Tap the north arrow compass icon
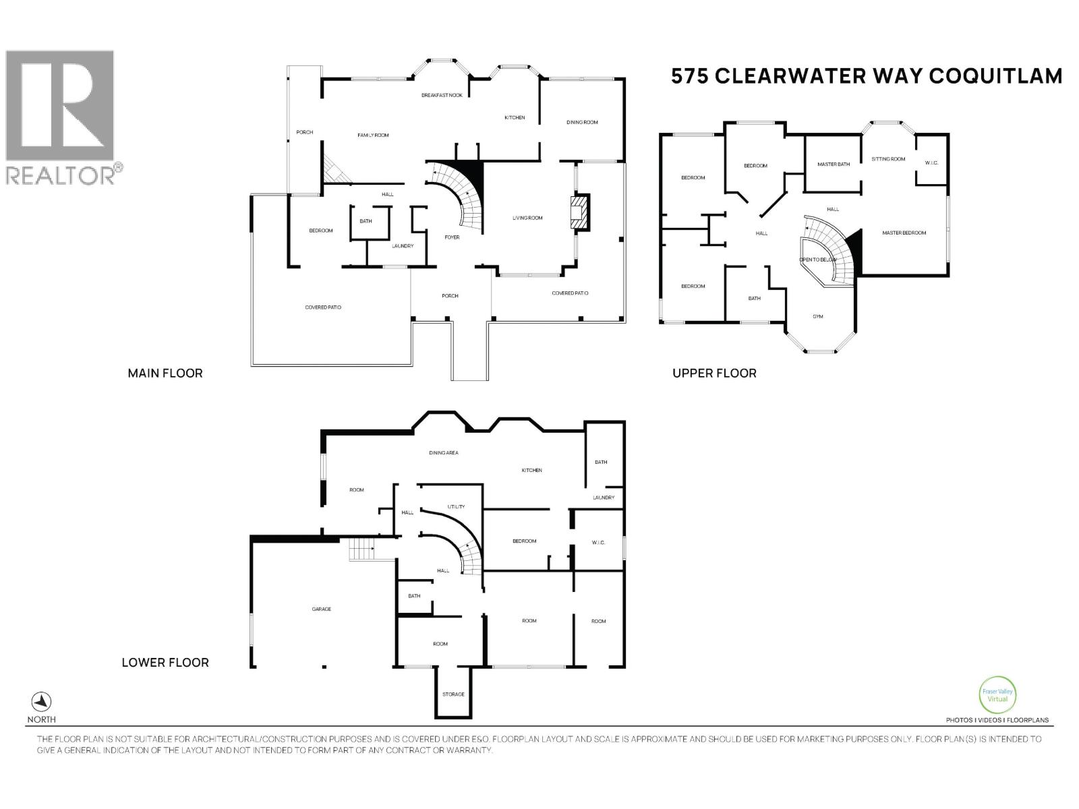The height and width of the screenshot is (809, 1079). (x=42, y=701)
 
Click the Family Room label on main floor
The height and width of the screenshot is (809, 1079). (x=373, y=136)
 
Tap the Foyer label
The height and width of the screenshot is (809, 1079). (x=452, y=237)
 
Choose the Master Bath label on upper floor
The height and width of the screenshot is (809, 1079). (x=834, y=164)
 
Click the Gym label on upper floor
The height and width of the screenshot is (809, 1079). (x=818, y=316)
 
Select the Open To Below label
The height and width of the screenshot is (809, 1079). (x=817, y=260)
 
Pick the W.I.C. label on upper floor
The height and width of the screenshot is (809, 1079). (x=931, y=162)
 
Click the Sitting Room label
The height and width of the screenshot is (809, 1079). (x=888, y=159)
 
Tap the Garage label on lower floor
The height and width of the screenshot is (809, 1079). (x=321, y=609)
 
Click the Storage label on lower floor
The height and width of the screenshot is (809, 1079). (x=453, y=694)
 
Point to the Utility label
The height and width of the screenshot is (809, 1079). (x=456, y=507)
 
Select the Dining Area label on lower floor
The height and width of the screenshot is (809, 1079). (x=443, y=453)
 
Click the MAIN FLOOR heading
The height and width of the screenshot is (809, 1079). (x=165, y=373)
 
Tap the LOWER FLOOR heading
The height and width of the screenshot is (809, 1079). (x=165, y=663)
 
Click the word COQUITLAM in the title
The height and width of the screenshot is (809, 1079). (x=995, y=76)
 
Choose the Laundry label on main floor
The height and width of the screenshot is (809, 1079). (x=403, y=246)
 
